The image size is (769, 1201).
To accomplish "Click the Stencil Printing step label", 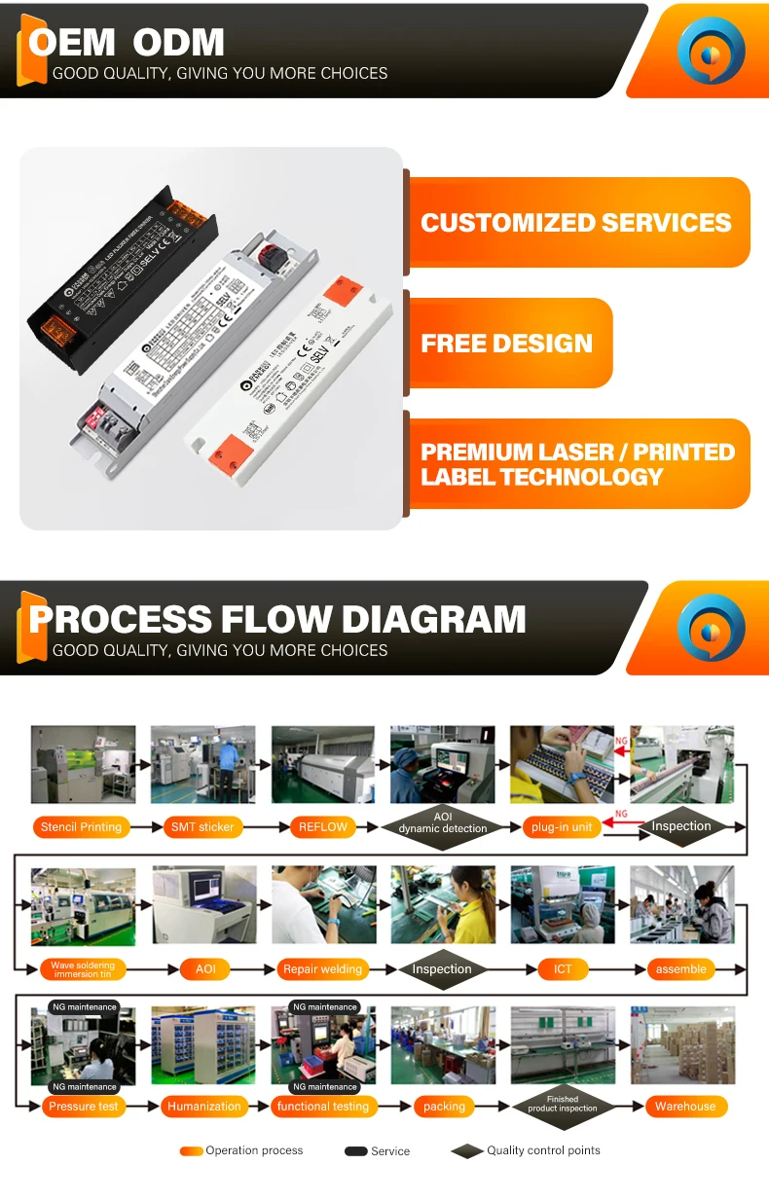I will click(82, 827).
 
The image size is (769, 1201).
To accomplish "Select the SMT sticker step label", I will click(202, 827).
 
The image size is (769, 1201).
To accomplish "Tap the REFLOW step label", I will click(322, 827).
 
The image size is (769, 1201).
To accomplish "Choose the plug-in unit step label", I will click(562, 827).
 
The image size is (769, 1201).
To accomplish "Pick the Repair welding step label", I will click(322, 969).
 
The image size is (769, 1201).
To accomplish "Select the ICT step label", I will click(563, 969).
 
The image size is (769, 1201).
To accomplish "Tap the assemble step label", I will click(681, 969).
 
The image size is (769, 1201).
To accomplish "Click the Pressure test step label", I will click(84, 1107).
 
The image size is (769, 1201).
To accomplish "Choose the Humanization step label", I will click(203, 1107).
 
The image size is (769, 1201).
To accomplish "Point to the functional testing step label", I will click(323, 1107).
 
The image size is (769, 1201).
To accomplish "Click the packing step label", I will click(444, 1107).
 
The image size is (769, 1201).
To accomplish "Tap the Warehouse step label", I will click(684, 1107).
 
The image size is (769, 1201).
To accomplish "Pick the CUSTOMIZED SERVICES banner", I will click(576, 222).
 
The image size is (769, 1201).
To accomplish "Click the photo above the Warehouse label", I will click(682, 1045).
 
